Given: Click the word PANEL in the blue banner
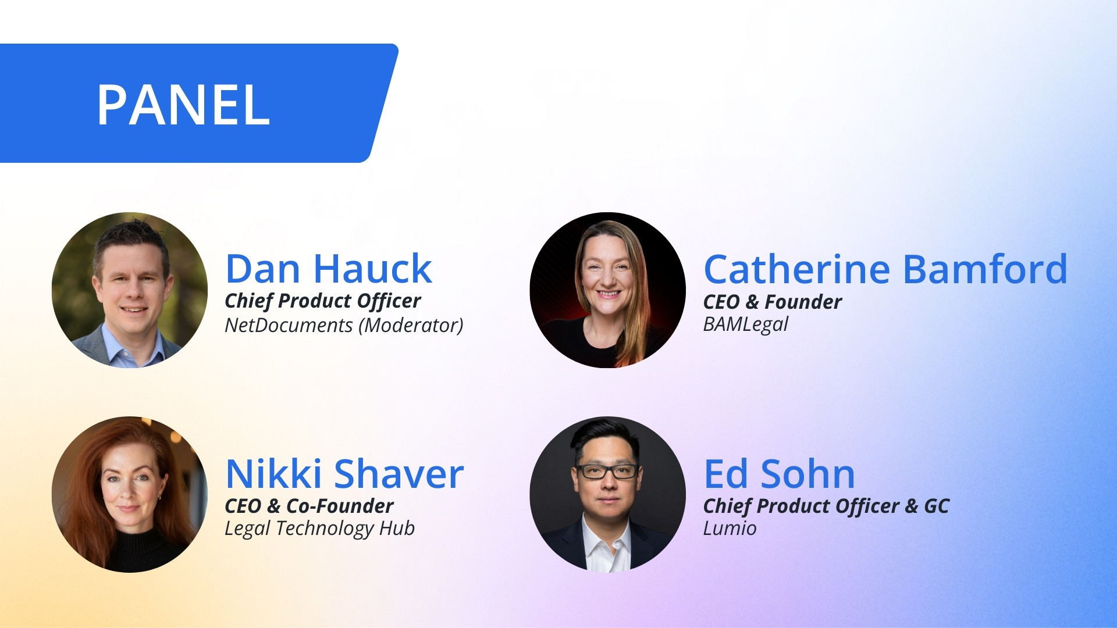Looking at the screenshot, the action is coord(183,105).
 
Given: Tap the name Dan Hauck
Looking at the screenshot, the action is coord(329,269).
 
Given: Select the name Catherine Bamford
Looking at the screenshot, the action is coord(885,269).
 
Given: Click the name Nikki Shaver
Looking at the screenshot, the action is coord(344,473).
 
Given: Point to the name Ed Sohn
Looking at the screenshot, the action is coord(780,473).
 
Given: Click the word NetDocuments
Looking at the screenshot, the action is coord(289,325).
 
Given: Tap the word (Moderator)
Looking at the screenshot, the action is coord(411,326).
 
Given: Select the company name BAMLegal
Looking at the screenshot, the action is coord(746,324).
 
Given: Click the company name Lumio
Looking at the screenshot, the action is coord(730,529).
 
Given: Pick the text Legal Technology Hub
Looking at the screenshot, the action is coord(320,529).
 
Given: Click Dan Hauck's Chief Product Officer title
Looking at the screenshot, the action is coord(323,301).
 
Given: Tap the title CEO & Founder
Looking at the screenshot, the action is coord(773,302).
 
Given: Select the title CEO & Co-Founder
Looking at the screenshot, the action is coord(310,506).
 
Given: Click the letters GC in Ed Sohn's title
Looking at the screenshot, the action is coord(937,506).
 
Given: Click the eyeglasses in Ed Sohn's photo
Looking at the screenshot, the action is coord(607,471).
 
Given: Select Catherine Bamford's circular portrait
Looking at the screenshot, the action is coord(607,290).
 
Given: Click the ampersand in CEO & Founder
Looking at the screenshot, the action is coord(752,302).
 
